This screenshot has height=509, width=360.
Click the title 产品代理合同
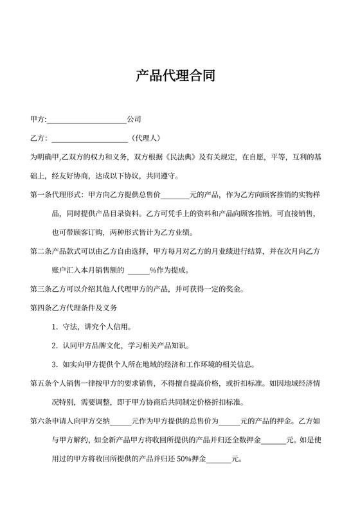pyautogui.click(x=179, y=76)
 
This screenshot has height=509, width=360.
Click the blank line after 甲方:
pyautogui.click(x=87, y=120)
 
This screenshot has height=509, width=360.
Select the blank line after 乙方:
pyautogui.click(x=89, y=138)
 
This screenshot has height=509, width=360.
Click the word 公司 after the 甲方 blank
pyautogui.click(x=134, y=120)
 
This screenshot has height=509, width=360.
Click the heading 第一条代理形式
pyautogui.click(x=56, y=194)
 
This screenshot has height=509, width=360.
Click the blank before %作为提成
pyautogui.click(x=138, y=269)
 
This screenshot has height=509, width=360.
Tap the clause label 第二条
pyautogui.click(x=42, y=251)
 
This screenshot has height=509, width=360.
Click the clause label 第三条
pyautogui.click(x=42, y=288)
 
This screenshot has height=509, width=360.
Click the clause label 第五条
pyautogui.click(x=42, y=384)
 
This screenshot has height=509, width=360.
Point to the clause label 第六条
pyautogui.click(x=42, y=422)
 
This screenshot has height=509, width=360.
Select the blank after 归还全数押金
pyautogui.click(x=273, y=441)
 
